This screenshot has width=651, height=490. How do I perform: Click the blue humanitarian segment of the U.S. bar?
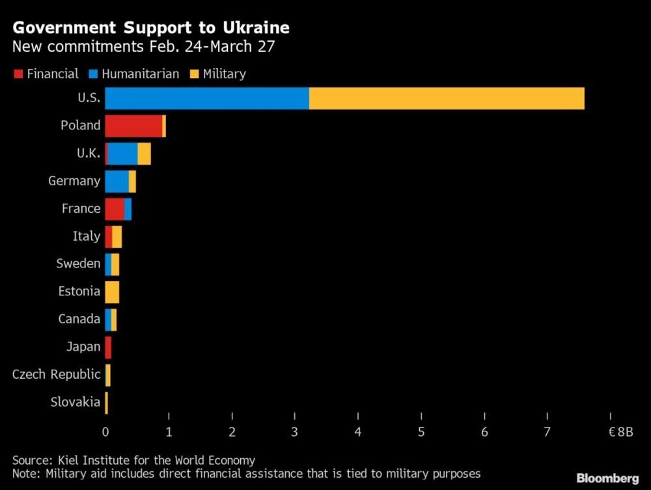pos(207,98)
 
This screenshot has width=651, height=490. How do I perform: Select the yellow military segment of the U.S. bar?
pos(447,98)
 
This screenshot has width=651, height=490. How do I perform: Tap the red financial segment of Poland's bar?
pos(133,126)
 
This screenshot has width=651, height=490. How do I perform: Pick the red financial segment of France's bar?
pos(115,209)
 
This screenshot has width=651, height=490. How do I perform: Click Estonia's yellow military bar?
pos(112,292)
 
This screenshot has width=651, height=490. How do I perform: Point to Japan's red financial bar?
pos(108,347)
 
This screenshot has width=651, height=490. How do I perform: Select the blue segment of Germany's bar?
pos(117,181)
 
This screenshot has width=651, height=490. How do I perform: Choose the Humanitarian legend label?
pos(141,74)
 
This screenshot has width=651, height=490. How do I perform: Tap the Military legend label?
pos(224,74)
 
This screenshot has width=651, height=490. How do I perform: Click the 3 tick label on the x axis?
pos(296,431)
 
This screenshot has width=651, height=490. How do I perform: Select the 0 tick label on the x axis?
pos(105,431)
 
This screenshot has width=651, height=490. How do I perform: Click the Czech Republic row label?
pos(57,374)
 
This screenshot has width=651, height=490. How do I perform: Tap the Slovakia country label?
pos(76,402)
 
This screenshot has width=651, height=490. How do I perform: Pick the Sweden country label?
pos(79,264)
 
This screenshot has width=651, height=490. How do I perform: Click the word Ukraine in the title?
pos(249,28)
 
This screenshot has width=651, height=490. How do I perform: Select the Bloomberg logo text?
pos(607,478)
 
